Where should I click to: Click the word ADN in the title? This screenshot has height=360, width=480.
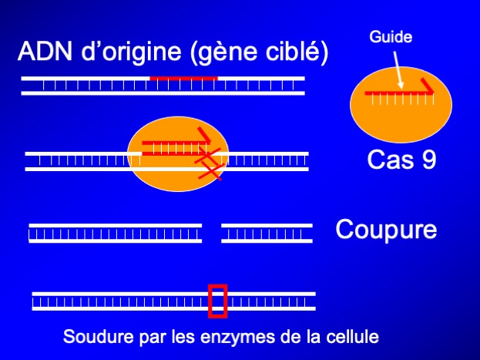45,52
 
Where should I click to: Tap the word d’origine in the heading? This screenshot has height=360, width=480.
131,52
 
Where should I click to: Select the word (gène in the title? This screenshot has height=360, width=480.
224,52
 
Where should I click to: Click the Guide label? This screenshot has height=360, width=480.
391,37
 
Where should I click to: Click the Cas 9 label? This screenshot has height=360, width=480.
401,160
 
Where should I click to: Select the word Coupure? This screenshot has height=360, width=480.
386,230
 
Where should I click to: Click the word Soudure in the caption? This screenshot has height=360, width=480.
99,336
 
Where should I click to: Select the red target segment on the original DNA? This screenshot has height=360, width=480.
183,79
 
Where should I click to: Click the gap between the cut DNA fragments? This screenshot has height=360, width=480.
212,233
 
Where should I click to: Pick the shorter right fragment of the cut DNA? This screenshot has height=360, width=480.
267,233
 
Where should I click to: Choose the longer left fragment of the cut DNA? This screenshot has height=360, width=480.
115,233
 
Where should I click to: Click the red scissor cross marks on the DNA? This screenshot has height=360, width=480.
209,163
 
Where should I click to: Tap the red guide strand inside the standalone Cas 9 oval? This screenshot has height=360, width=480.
400,93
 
